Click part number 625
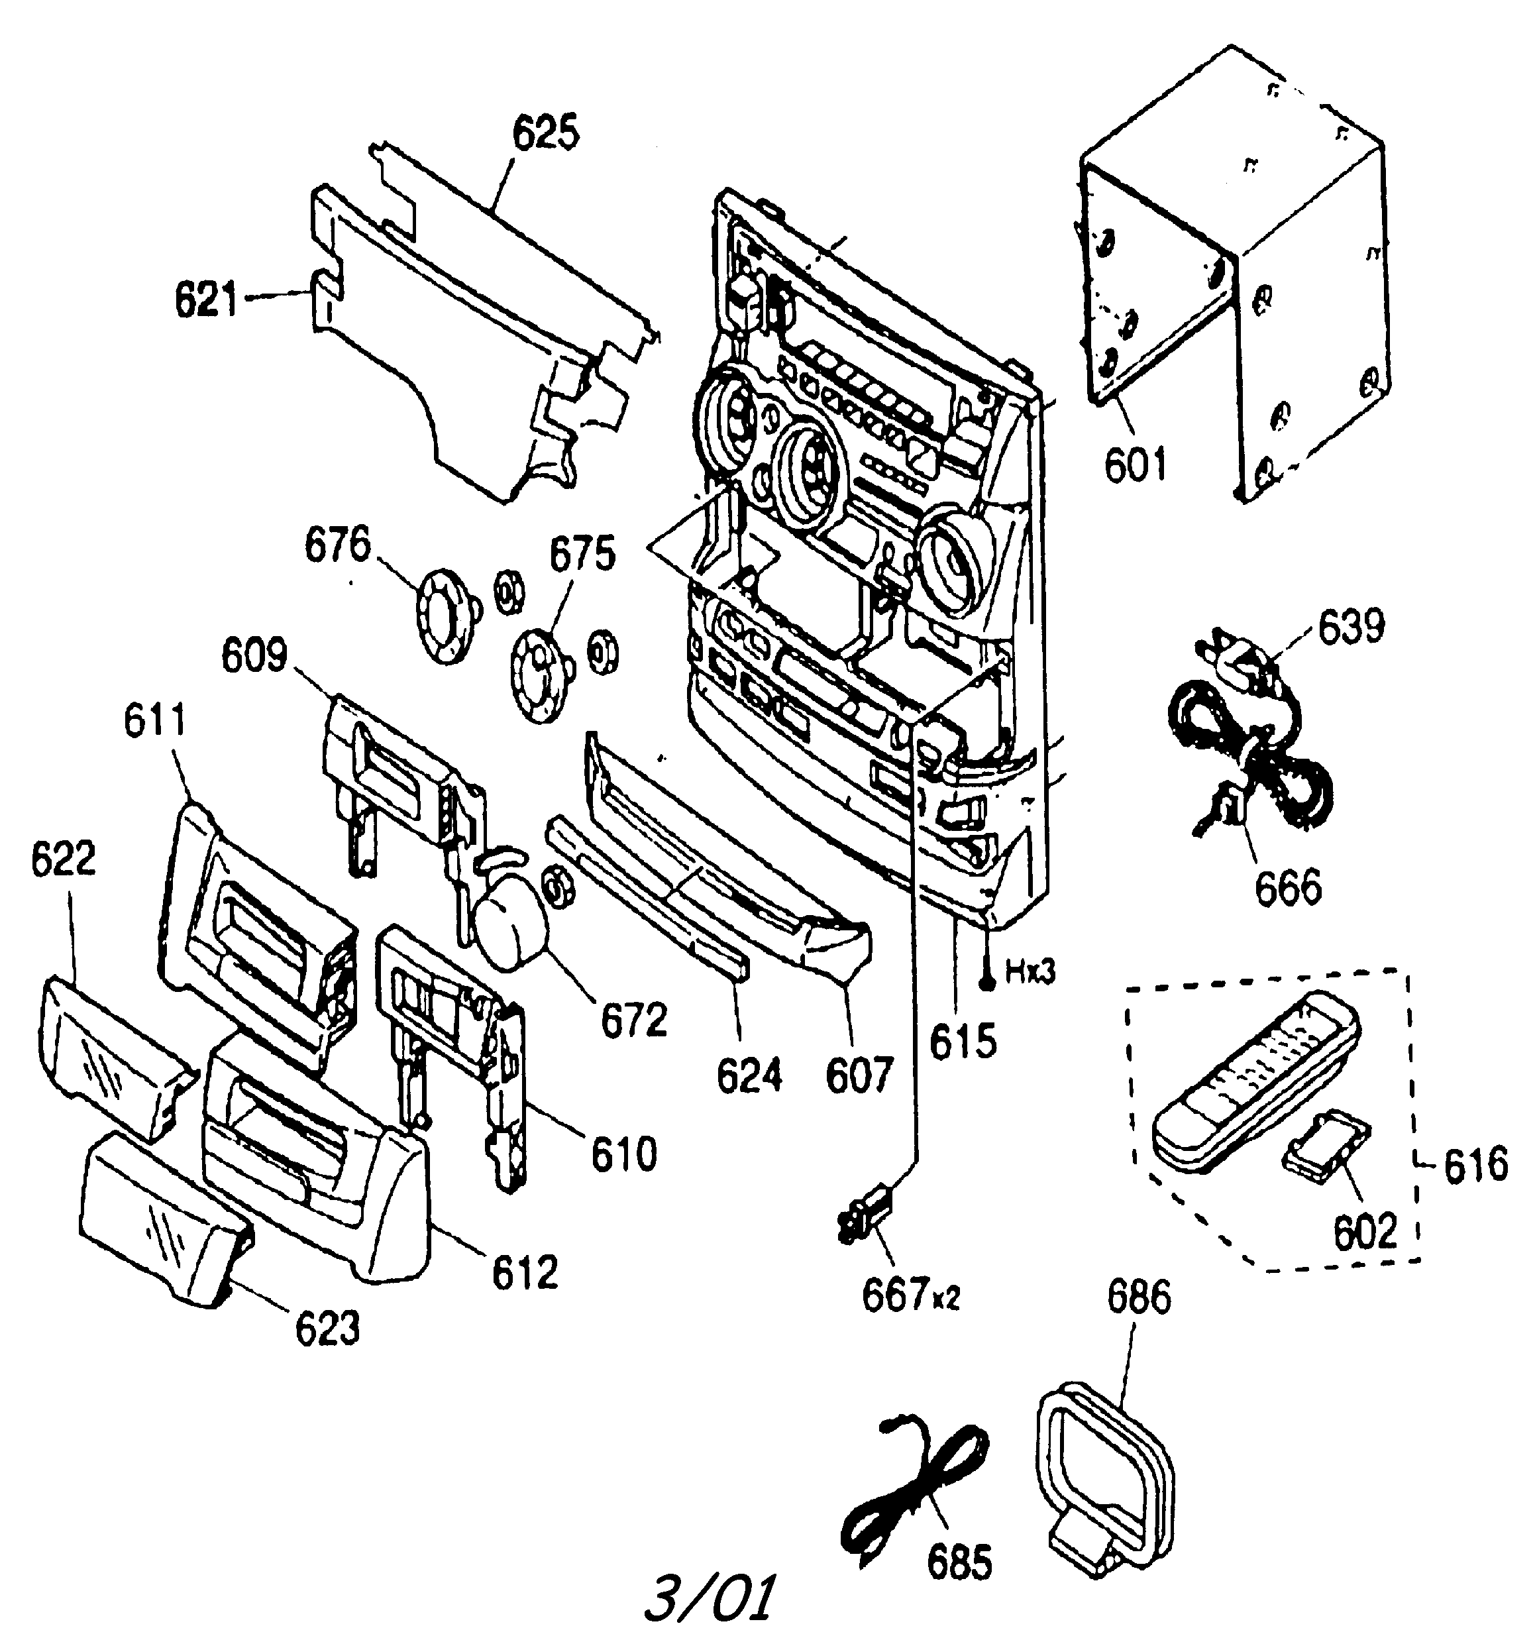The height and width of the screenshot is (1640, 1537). pos(545,133)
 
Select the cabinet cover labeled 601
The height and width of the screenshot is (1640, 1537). pos(1238,272)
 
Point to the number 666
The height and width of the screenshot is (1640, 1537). pos(1288,887)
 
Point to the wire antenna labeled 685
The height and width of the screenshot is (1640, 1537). pos(912,1485)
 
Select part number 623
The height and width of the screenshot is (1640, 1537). pos(327,1328)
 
